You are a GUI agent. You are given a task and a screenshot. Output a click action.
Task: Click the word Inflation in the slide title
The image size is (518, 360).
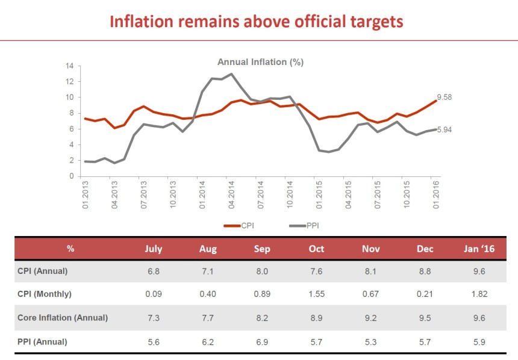coord(144,21)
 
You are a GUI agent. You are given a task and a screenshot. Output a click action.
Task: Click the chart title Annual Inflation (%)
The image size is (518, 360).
coord(260,62)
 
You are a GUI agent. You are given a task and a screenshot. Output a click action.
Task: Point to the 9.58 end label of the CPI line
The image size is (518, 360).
coord(445,97)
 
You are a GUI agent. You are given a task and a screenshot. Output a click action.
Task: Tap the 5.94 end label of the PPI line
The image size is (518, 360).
coord(445,128)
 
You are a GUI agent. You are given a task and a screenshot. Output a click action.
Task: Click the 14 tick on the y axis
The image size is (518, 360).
coord(70,66)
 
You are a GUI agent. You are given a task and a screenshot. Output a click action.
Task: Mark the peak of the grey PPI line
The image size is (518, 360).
coord(231,74)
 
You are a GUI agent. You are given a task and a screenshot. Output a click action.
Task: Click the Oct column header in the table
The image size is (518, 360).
coord(316,249)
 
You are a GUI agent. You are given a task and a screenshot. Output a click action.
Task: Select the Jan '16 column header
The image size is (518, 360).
coord(479,249)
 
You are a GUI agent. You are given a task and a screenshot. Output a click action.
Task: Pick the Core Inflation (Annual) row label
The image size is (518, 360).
coord(63,318)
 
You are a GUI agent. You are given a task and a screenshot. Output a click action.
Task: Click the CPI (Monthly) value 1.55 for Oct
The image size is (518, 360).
coord(316,294)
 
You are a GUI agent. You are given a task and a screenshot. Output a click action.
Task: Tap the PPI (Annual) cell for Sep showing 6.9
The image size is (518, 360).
coord(262,341)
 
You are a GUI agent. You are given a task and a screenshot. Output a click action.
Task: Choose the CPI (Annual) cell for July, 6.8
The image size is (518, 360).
coord(154,271)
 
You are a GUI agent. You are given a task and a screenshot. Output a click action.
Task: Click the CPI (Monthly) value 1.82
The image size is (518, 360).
coord(479,294)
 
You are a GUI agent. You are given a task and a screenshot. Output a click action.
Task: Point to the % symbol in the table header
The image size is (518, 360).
coord(70,249)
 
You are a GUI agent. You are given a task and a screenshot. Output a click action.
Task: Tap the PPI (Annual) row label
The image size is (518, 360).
coord(43,341)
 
